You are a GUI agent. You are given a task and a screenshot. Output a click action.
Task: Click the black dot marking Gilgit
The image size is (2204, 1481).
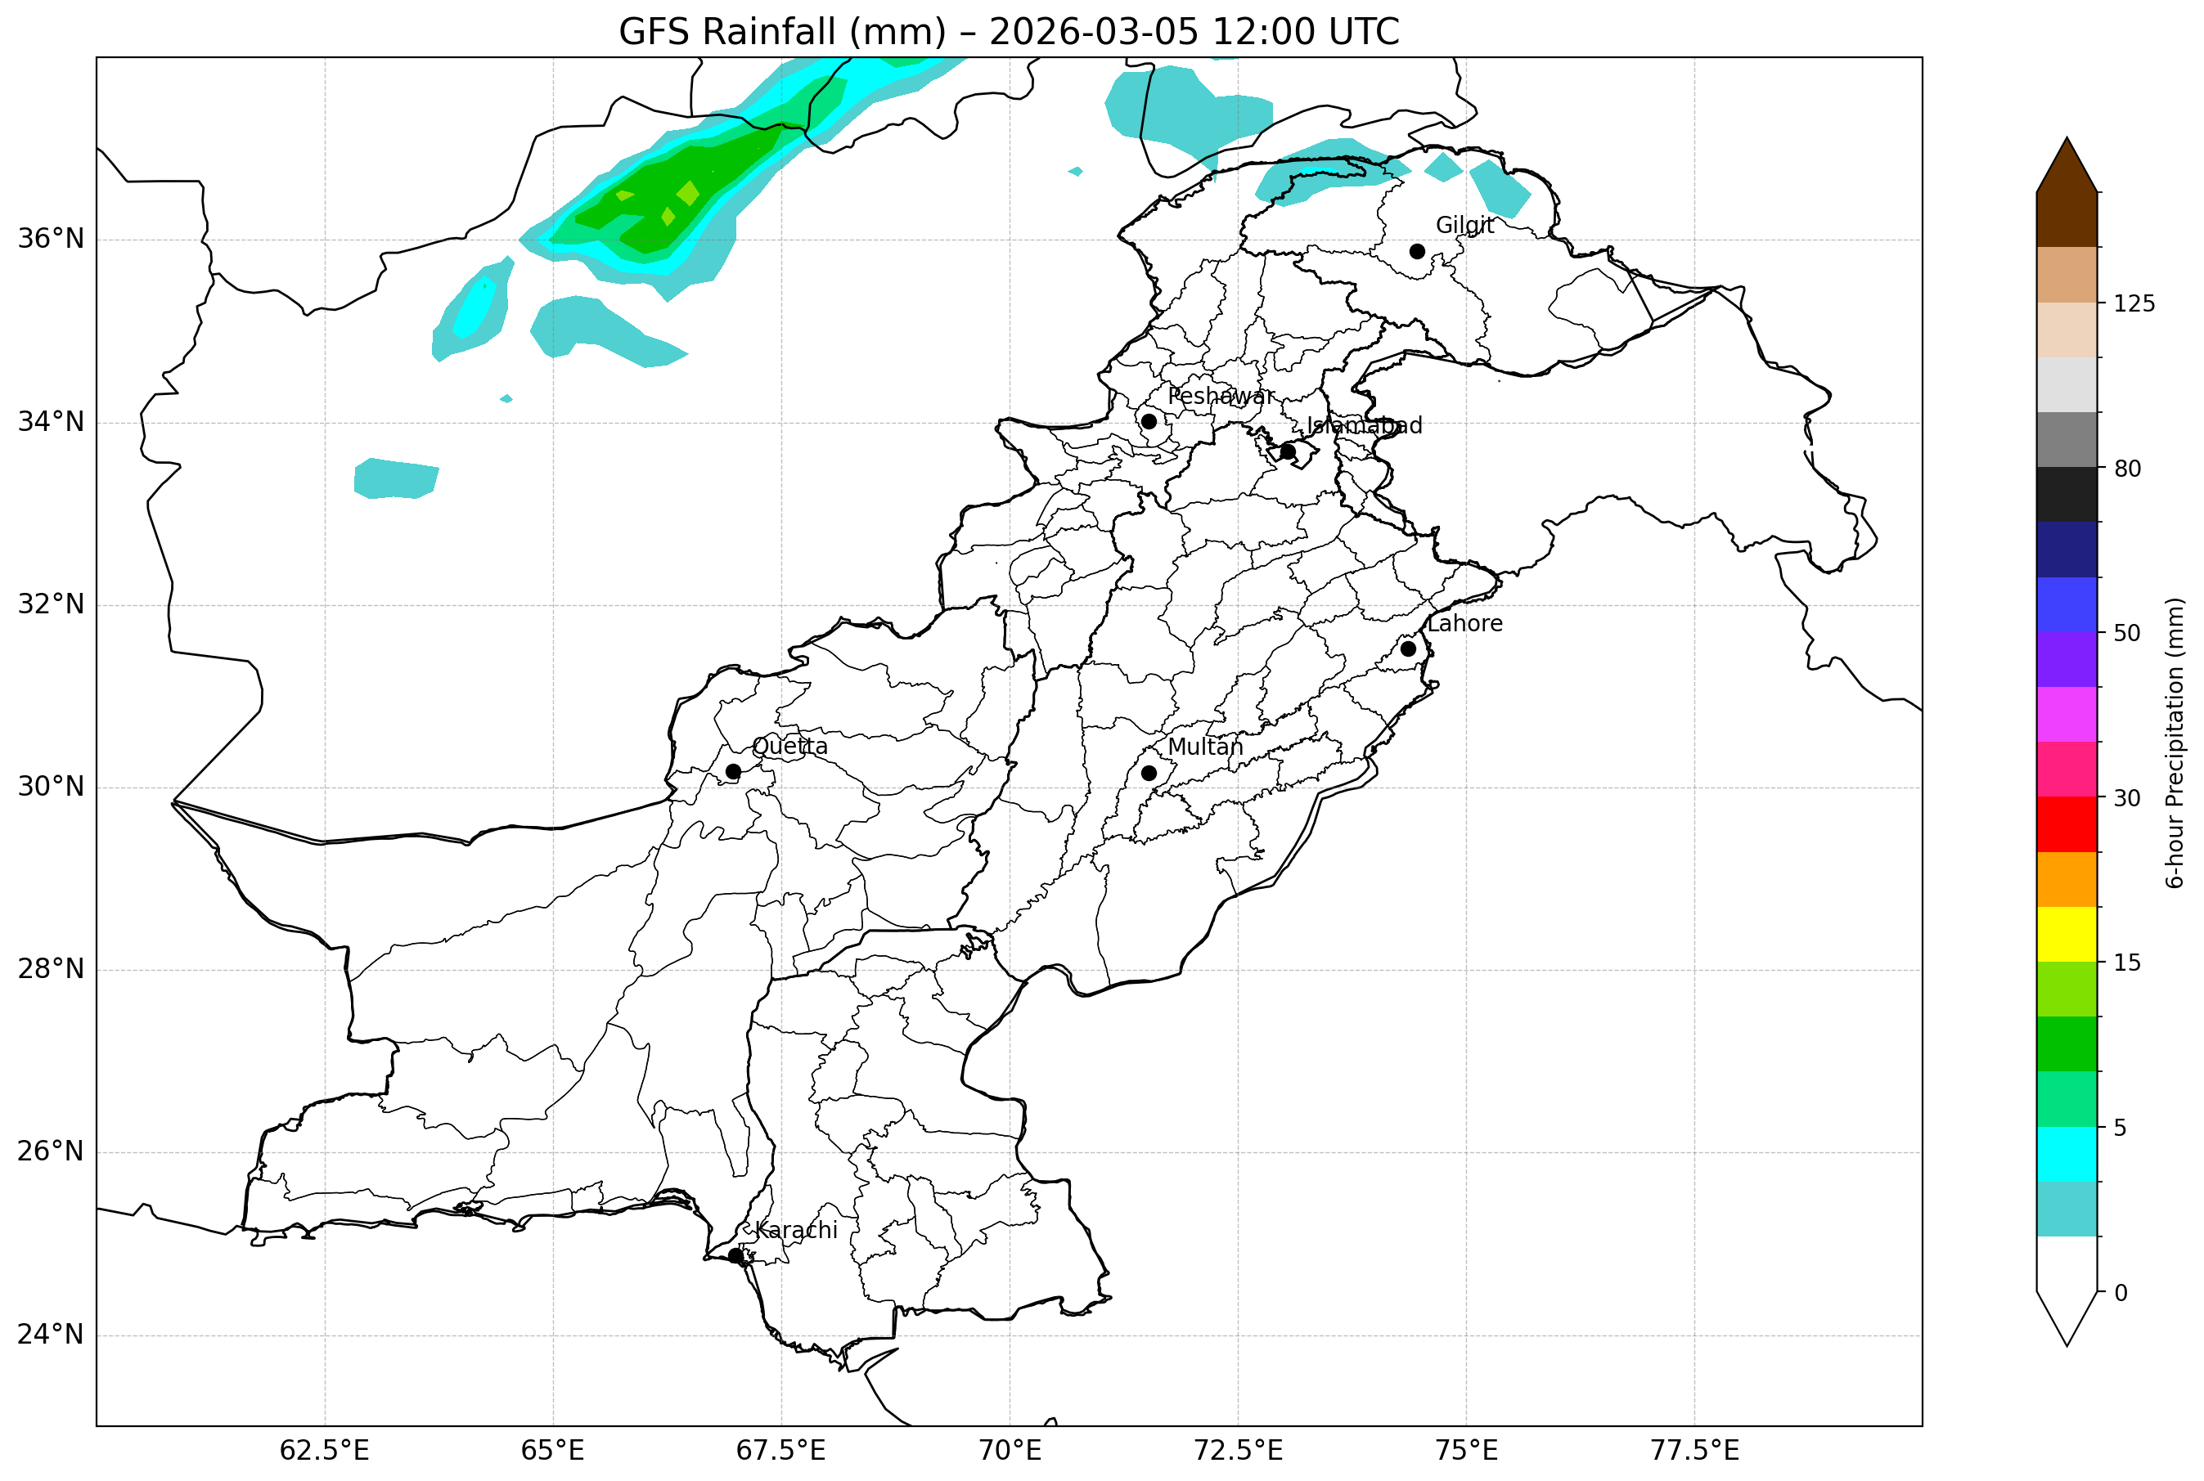pos(1417,251)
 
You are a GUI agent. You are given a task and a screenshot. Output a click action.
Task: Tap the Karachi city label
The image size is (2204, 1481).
pos(795,1231)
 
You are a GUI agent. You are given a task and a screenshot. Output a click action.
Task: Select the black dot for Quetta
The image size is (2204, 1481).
pos(733,772)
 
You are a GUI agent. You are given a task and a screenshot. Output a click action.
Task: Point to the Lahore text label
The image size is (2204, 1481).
pos(1464,624)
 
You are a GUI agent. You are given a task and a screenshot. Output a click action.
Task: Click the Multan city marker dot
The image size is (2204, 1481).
pos(1149,774)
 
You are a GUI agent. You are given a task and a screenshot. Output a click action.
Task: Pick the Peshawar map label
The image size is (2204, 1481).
pos(1221,397)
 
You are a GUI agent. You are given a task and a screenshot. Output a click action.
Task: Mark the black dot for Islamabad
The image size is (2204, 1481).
pos(1288,451)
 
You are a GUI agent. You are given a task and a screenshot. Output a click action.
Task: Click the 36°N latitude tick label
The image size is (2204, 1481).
pos(51,239)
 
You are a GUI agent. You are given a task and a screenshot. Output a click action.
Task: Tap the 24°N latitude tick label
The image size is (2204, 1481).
pos(51,1335)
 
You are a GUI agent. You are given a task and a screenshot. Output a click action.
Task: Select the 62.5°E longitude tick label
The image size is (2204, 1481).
pos(324,1451)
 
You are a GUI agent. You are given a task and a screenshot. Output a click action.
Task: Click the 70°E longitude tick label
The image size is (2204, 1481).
pos(1009,1451)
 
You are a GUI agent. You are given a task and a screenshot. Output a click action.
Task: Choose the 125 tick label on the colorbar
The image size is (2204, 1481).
pos(2134,304)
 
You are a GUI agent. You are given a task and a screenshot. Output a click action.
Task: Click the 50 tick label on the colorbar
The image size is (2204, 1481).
pos(2126,634)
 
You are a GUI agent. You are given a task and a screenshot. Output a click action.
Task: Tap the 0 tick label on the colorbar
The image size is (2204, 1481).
pos(2121,1293)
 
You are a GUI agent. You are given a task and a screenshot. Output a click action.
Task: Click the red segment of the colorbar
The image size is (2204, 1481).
pos(2067,824)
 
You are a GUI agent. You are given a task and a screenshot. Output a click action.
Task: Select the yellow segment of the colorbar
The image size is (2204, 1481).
pos(2067,934)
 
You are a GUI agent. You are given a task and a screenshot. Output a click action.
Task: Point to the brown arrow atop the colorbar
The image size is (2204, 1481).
pos(2067,170)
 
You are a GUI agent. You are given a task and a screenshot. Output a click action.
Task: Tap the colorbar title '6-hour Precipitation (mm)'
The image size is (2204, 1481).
pos(2175,743)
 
